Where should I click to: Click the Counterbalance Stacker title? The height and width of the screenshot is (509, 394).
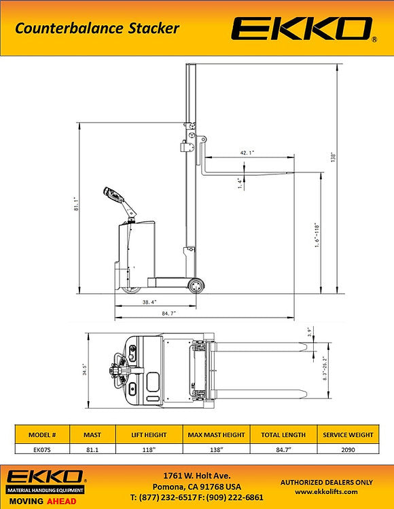(x=97, y=29)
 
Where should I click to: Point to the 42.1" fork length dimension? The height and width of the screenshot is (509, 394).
(x=247, y=153)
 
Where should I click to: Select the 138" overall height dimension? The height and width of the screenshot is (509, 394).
(x=334, y=157)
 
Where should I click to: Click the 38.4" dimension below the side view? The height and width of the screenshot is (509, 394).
(x=149, y=301)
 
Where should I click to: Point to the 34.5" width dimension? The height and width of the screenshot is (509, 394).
(x=84, y=370)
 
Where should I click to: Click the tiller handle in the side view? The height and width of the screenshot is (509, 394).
(x=115, y=200)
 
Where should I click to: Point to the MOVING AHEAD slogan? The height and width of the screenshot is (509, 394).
(x=43, y=501)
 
